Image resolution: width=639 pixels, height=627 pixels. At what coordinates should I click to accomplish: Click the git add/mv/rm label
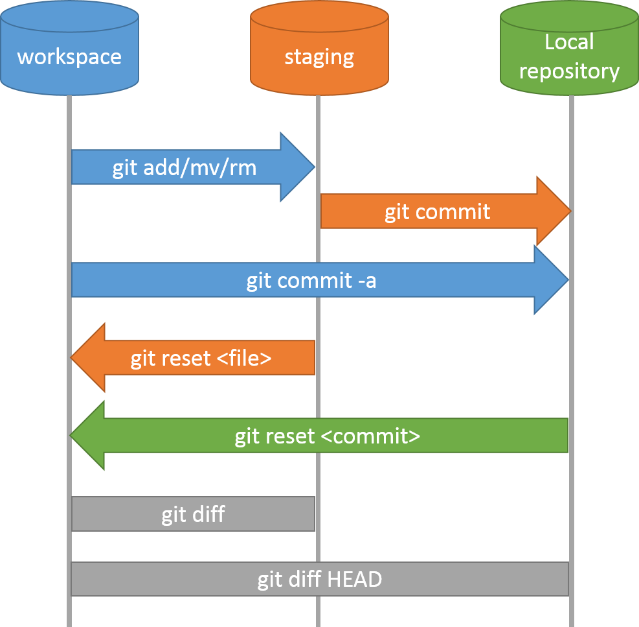pyautogui.click(x=185, y=168)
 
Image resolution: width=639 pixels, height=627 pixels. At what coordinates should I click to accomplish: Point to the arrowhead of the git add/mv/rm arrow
pyautogui.click(x=298, y=167)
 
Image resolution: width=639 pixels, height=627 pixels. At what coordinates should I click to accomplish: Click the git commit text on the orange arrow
pyautogui.click(x=437, y=211)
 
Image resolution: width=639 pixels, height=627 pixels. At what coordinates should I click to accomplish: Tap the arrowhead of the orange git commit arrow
pyautogui.click(x=554, y=211)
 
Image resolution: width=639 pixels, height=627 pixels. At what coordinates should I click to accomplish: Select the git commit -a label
pyautogui.click(x=311, y=281)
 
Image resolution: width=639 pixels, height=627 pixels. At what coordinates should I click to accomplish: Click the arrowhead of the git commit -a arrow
pyautogui.click(x=551, y=280)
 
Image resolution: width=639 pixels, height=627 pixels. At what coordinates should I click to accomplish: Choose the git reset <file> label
pyautogui.click(x=201, y=358)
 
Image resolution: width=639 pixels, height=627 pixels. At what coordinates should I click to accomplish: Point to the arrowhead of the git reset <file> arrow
pyautogui.click(x=88, y=357)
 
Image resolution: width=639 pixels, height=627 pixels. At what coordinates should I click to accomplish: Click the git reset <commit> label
pyautogui.click(x=327, y=436)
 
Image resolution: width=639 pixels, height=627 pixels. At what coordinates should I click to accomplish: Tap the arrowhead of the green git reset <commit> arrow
pyautogui.click(x=87, y=436)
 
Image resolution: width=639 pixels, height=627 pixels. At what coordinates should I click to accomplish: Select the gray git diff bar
pyautogui.click(x=193, y=514)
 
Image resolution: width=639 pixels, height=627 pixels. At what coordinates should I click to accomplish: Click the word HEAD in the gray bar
pyautogui.click(x=354, y=579)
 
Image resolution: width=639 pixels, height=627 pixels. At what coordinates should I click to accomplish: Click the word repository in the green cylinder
pyautogui.click(x=569, y=71)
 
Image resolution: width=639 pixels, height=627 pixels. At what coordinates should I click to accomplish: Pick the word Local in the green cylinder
pyautogui.click(x=569, y=42)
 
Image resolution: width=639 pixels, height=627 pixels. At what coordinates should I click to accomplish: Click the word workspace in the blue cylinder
pyautogui.click(x=69, y=56)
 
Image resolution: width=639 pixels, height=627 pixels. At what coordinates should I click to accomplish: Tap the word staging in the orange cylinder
pyautogui.click(x=319, y=56)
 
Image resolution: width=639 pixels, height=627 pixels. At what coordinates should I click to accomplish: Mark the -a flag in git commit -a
pyautogui.click(x=366, y=281)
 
